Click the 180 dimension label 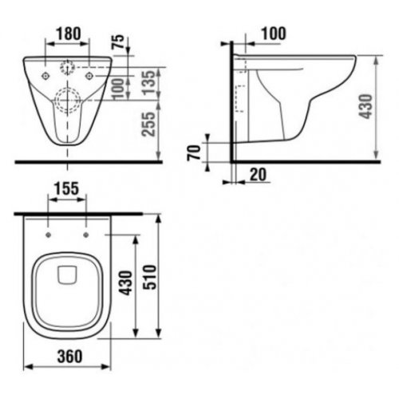(69, 34)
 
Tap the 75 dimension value (120, 41)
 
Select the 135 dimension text (148, 82)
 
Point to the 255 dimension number (148, 124)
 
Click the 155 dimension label (67, 188)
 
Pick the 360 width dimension (69, 356)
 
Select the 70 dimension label (194, 152)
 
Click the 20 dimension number (258, 175)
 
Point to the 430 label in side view (365, 106)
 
